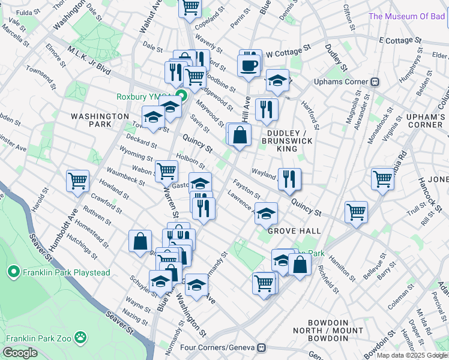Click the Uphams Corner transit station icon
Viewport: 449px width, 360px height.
pos(375,82)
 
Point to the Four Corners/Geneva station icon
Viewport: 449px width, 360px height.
pos(261,347)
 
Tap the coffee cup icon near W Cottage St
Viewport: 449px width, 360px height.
pos(248,65)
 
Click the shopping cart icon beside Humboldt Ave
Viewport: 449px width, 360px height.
pos(78,180)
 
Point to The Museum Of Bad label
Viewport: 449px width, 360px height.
pos(408,16)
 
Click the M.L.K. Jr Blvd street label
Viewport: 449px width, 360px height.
pos(89,61)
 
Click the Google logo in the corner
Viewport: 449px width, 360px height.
pos(20,353)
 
